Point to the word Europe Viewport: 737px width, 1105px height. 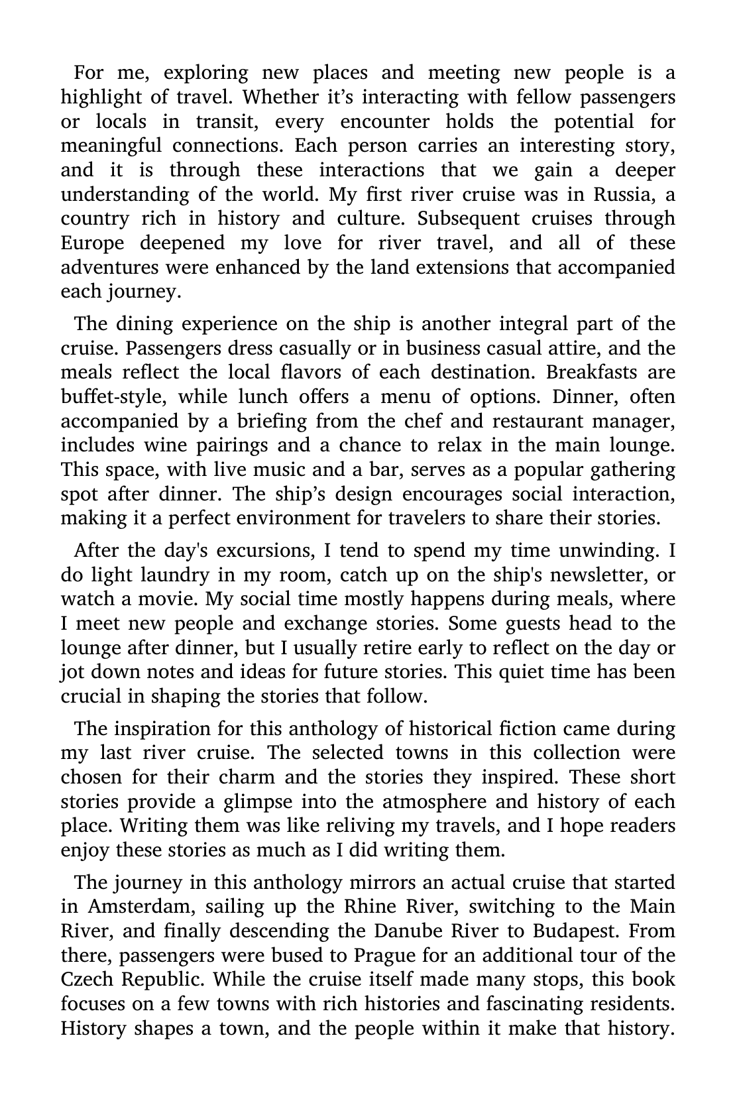coord(92,243)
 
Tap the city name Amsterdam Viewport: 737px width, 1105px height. coord(141,906)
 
